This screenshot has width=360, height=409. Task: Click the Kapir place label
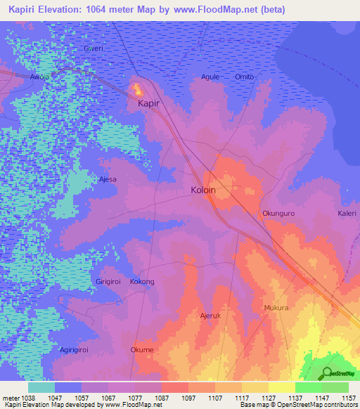(148, 103)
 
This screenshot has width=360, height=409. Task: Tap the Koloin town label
(203, 190)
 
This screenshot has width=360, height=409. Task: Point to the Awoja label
(41, 77)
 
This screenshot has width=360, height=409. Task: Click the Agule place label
(210, 77)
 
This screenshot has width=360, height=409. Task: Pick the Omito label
(244, 77)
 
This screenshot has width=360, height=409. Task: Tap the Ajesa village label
(108, 179)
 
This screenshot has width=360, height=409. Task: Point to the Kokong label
(142, 282)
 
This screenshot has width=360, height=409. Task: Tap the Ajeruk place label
(211, 316)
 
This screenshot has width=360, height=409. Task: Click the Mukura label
(276, 309)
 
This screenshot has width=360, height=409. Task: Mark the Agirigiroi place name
(78, 350)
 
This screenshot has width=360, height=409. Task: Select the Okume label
(142, 350)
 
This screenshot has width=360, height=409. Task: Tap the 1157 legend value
(349, 397)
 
